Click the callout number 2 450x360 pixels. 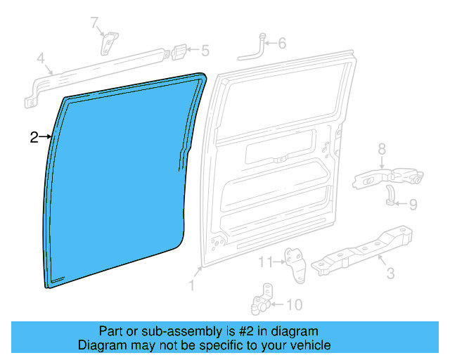click(x=34, y=137)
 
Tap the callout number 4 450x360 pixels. click(x=41, y=57)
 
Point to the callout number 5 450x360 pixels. click(x=205, y=51)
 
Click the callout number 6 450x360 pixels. click(x=281, y=44)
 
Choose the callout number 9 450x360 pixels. click(x=413, y=205)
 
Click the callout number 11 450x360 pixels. click(x=264, y=262)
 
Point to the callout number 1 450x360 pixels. click(x=191, y=285)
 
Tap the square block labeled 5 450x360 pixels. click(x=180, y=52)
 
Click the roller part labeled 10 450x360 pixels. click(x=261, y=301)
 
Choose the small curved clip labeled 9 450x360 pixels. click(x=388, y=195)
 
